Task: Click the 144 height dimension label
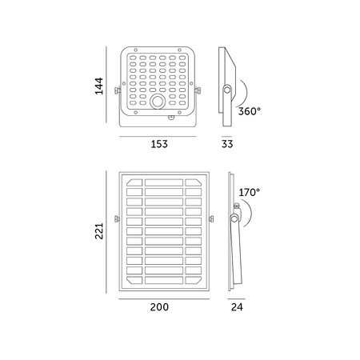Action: [100, 86]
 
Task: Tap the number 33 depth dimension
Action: [227, 144]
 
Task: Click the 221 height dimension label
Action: [100, 230]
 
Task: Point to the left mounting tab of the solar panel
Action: [118, 218]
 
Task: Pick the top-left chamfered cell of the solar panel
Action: [133, 183]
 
